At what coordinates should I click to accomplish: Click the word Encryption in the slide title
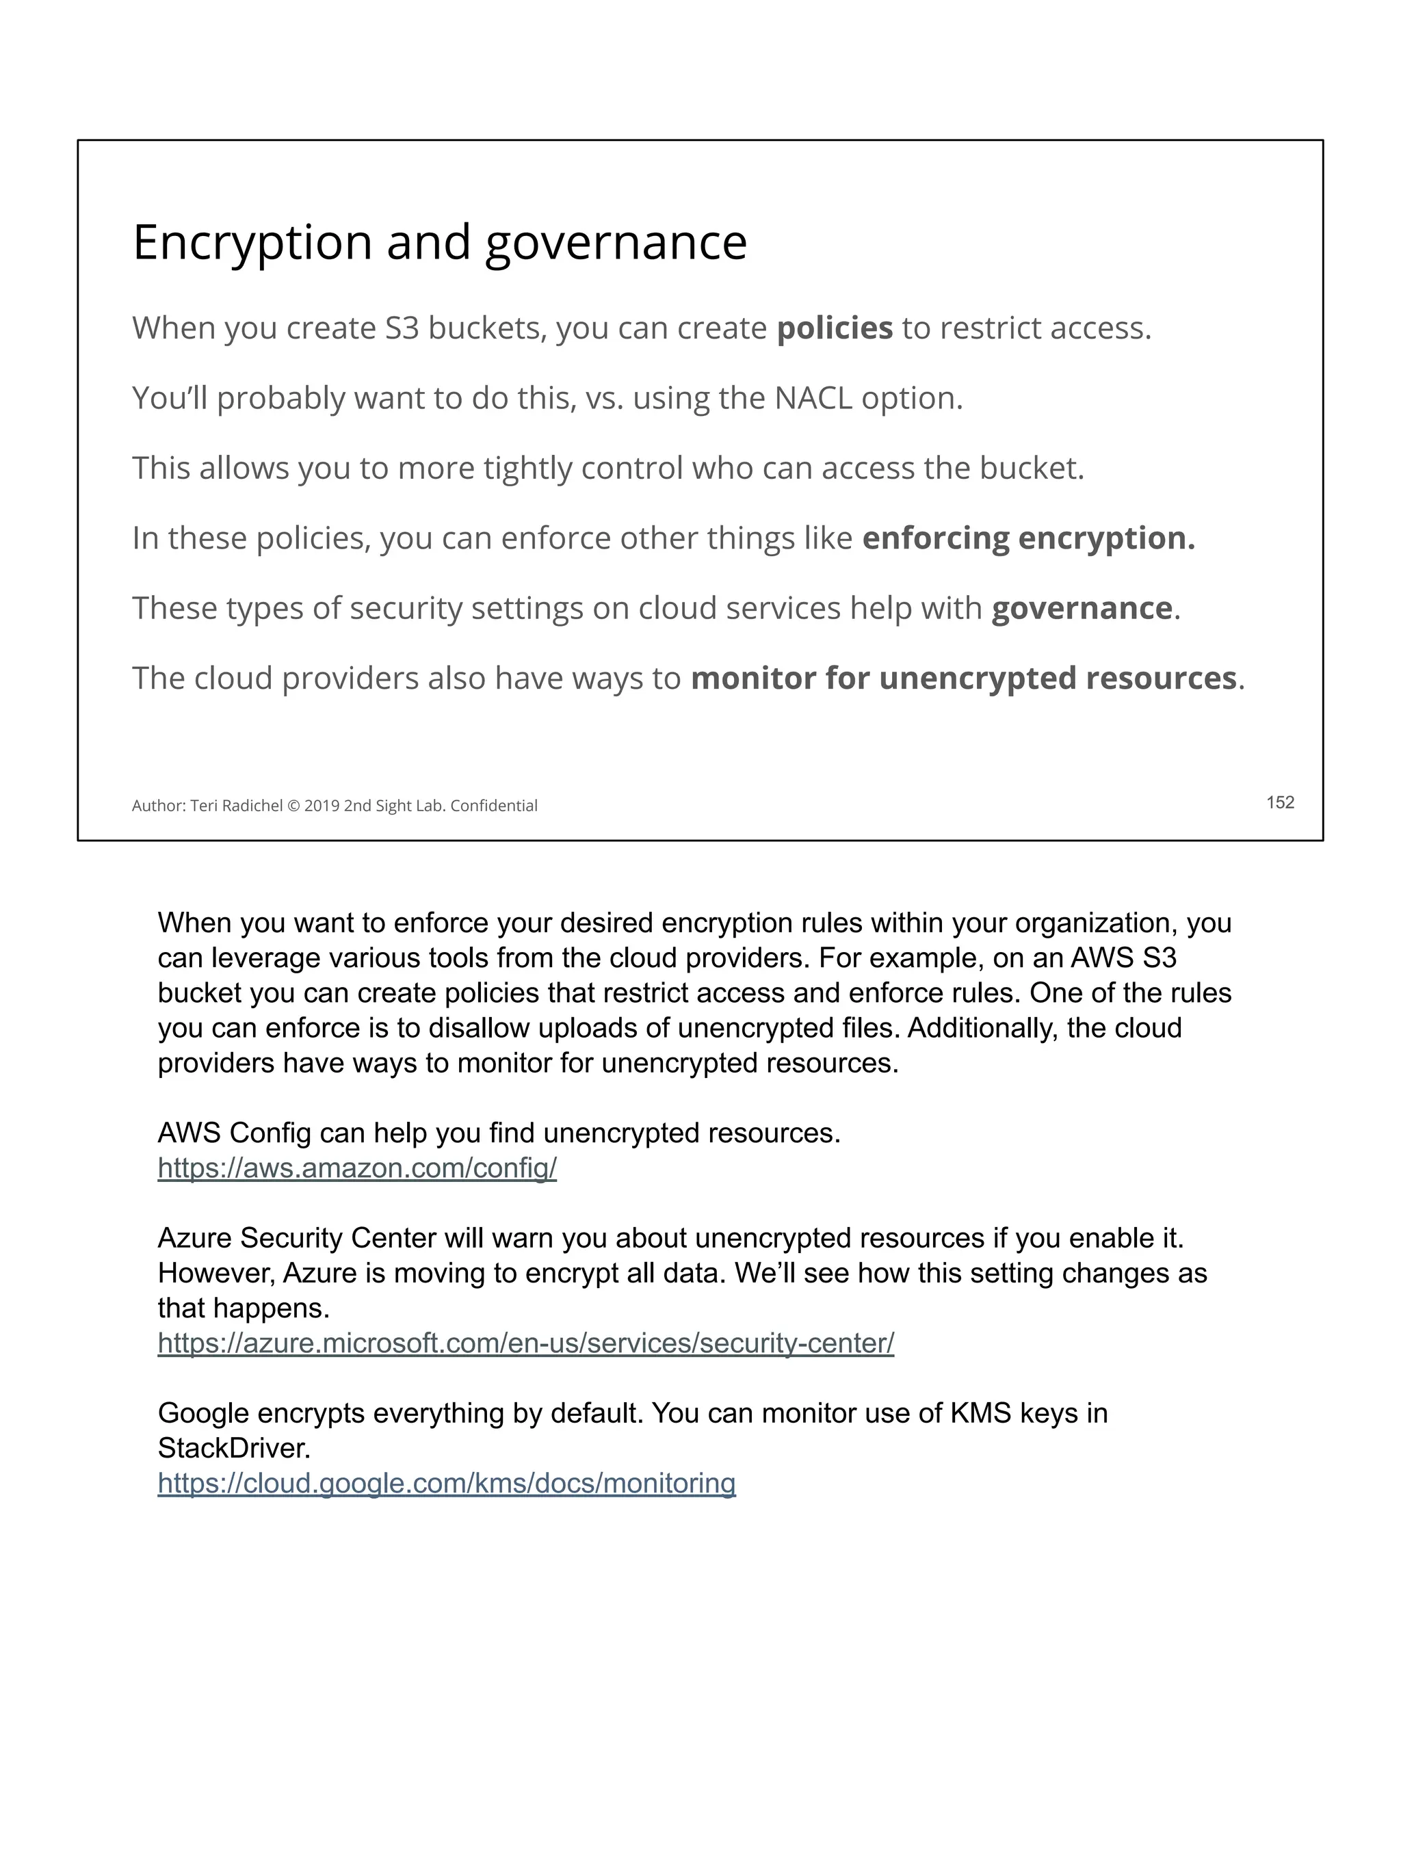click(x=252, y=244)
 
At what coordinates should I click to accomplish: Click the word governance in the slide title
click(x=616, y=244)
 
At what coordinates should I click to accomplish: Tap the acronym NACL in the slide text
click(x=813, y=398)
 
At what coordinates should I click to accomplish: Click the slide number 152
click(x=1279, y=802)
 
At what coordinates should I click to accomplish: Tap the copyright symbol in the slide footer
click(x=293, y=806)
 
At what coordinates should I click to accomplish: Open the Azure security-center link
click(x=525, y=1343)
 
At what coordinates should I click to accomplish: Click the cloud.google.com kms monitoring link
click(x=446, y=1484)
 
